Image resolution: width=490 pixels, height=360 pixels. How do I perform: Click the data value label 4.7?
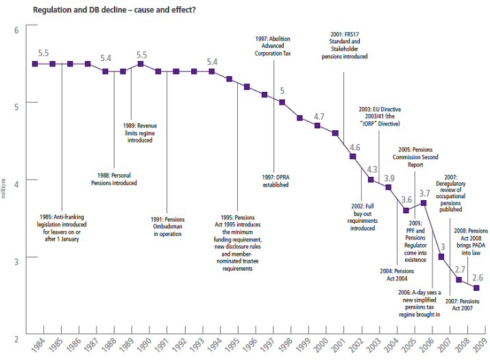(319, 117)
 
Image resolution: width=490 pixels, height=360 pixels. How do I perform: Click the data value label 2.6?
(476, 278)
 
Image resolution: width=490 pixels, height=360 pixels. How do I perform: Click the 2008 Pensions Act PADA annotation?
(469, 239)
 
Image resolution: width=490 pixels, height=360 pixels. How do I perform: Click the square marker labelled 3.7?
(424, 202)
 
